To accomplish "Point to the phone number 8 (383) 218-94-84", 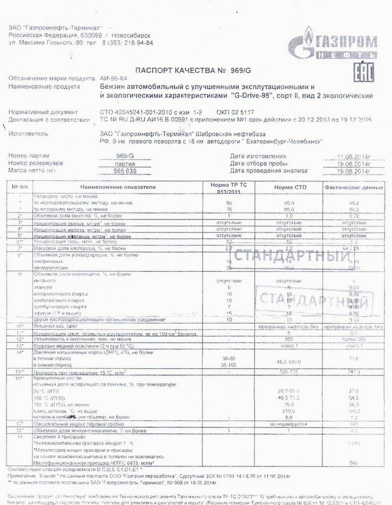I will (x=127, y=43).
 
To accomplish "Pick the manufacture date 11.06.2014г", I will (x=353, y=156).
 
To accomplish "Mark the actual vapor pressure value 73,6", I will (x=354, y=359).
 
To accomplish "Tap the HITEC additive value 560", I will (x=354, y=462).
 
